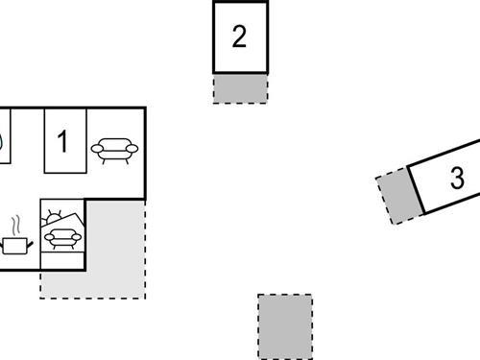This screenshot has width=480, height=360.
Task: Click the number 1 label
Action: (x=63, y=142)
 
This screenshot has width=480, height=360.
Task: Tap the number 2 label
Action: (x=240, y=36)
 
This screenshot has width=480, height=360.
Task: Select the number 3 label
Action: (x=457, y=178)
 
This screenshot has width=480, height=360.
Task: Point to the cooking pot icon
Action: (x=16, y=246)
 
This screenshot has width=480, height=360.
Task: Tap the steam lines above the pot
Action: (x=16, y=226)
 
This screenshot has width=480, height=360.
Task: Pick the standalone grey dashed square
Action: (x=285, y=326)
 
